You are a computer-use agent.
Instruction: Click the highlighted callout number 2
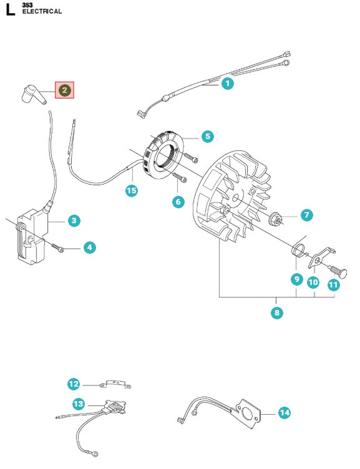[x=64, y=90]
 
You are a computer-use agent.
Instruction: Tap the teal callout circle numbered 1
[x=228, y=83]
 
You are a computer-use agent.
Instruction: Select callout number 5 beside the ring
[x=208, y=137]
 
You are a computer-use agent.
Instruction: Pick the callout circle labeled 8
[x=277, y=312]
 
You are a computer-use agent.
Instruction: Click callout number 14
[x=285, y=413]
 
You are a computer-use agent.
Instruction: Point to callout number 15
[x=132, y=191]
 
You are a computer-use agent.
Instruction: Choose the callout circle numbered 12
[x=74, y=384]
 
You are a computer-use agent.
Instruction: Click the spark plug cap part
[x=34, y=94]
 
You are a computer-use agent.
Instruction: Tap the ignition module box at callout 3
[x=31, y=237]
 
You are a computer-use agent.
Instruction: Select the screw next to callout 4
[x=58, y=248]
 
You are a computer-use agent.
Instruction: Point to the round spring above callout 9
[x=298, y=249]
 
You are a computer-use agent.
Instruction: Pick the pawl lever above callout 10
[x=319, y=258]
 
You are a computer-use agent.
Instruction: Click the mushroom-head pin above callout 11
[x=339, y=271]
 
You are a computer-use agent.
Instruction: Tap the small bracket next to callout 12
[x=115, y=384]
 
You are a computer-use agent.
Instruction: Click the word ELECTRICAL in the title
[x=42, y=11]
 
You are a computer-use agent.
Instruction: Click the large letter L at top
[x=11, y=9]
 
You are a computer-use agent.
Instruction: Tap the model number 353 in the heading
[x=27, y=5]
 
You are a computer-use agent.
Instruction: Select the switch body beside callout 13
[x=115, y=407]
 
